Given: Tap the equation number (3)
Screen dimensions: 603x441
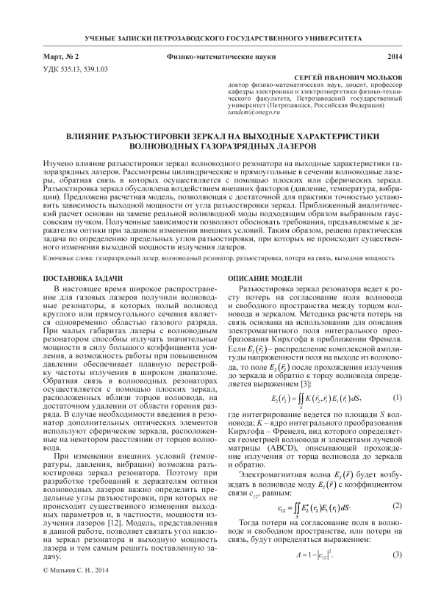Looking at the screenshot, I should [398, 533].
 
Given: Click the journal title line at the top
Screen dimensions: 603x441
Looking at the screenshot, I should [220, 36].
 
